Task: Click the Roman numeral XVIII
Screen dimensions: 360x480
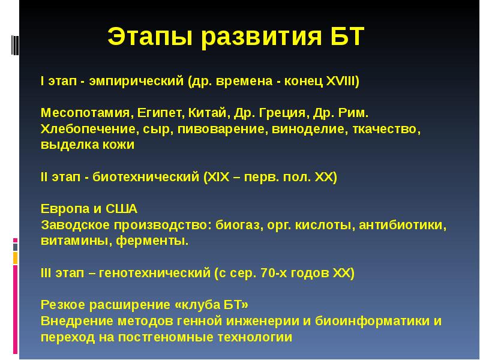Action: [x=340, y=80]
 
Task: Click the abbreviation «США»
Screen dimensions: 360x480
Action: [x=122, y=209]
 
